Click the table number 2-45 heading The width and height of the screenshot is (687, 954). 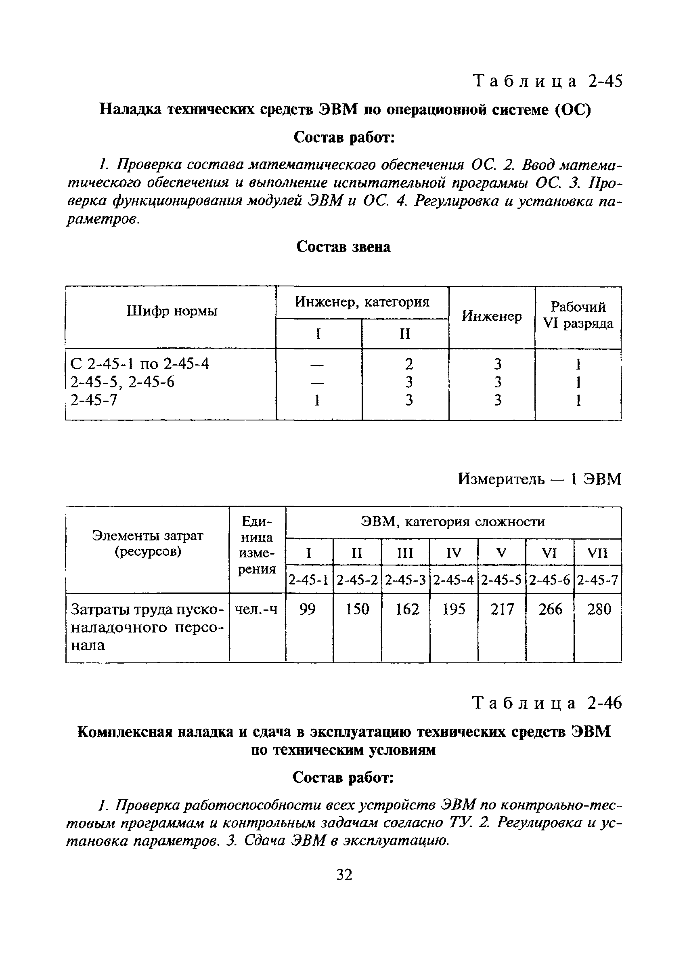click(x=547, y=81)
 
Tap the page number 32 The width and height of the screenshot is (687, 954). click(x=344, y=874)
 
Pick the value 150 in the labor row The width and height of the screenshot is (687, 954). click(x=357, y=609)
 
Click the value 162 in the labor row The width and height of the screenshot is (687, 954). click(x=406, y=609)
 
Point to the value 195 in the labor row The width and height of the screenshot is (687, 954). click(x=454, y=609)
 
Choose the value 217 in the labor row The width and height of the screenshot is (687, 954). click(x=502, y=609)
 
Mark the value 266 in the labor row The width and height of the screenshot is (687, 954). click(x=550, y=609)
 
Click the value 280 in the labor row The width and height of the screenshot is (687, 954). click(x=598, y=609)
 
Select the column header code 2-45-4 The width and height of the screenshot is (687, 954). click(x=454, y=580)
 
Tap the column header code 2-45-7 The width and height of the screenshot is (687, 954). click(x=598, y=580)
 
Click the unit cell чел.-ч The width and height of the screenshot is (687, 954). click(x=256, y=609)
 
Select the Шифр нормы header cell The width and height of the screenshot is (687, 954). click(x=172, y=312)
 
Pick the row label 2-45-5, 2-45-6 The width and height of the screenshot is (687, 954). click(x=122, y=382)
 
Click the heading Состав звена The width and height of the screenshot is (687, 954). click(x=343, y=247)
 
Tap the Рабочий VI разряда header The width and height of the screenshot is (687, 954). click(x=578, y=315)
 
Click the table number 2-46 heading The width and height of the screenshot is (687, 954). click(x=547, y=703)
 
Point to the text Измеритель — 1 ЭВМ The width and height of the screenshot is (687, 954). click(x=539, y=479)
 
